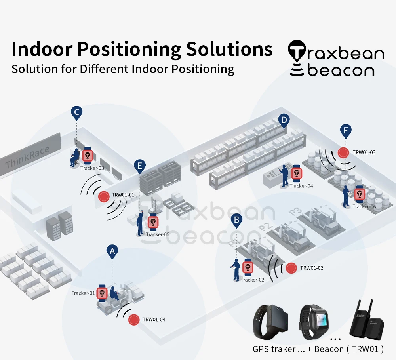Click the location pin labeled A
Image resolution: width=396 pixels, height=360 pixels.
point(112,251)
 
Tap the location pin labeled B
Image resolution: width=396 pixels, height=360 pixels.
point(236,220)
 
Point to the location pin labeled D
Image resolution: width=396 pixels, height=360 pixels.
point(284,120)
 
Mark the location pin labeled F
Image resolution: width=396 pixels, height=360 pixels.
point(346,130)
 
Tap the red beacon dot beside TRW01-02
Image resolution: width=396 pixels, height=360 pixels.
point(292,268)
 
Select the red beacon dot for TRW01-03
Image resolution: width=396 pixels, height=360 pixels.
point(343,152)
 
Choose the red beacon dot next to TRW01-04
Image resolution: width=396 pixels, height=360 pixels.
point(134,320)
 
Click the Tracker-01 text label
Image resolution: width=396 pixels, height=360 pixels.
point(83,293)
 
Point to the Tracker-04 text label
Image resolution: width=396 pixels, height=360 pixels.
point(301,186)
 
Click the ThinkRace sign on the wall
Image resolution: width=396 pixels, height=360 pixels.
point(28,156)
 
